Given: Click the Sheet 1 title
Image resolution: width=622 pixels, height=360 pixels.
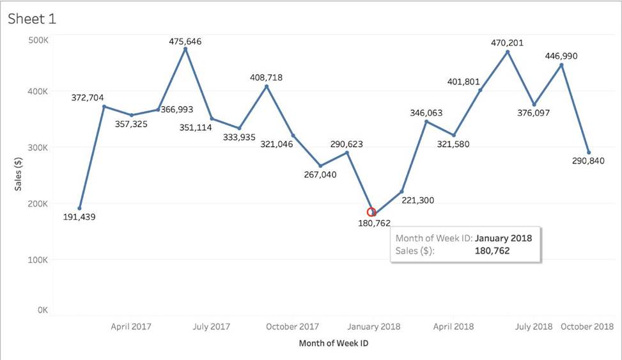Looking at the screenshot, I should tap(32, 19).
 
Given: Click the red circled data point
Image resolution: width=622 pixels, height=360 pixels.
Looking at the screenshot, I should tap(371, 212).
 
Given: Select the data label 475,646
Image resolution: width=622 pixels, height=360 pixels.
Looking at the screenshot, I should tap(185, 42).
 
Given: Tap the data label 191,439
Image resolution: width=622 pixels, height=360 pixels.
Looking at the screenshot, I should tap(79, 217).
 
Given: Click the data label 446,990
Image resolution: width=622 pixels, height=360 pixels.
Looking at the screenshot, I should tap(561, 56).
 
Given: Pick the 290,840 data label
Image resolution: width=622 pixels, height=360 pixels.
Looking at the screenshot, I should tap(589, 161).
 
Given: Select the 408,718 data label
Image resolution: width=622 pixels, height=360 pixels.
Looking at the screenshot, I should tap(266, 77).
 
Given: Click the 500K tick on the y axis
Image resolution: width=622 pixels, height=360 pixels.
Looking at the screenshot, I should tap(39, 40).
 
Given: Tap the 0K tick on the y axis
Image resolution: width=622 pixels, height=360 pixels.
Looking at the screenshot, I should tap(43, 310).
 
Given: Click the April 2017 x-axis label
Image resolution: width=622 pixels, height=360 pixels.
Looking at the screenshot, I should tap(131, 326).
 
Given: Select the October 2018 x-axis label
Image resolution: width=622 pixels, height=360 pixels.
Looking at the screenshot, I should tap(587, 326).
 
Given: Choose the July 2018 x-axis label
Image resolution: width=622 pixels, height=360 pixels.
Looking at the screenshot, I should tap(534, 326).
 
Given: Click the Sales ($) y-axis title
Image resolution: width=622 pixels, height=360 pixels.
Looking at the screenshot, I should tap(19, 175).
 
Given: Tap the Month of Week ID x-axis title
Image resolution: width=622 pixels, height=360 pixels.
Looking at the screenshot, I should tap(333, 343).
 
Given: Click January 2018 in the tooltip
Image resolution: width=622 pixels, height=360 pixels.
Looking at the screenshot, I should tap(503, 238).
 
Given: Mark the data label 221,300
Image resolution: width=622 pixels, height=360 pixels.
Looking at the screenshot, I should tap(417, 200).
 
